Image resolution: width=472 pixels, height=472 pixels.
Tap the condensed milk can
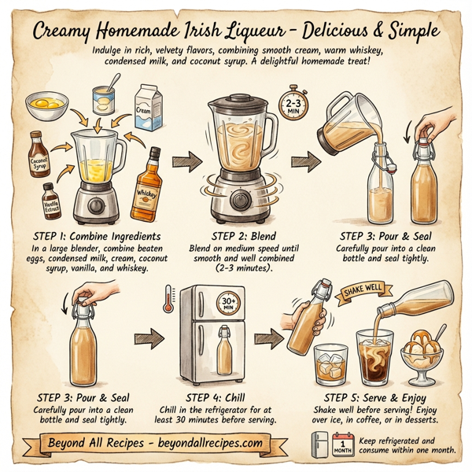pyautogui.click(x=105, y=100)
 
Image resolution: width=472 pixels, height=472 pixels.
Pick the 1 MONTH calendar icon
pyautogui.click(x=342, y=446)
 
